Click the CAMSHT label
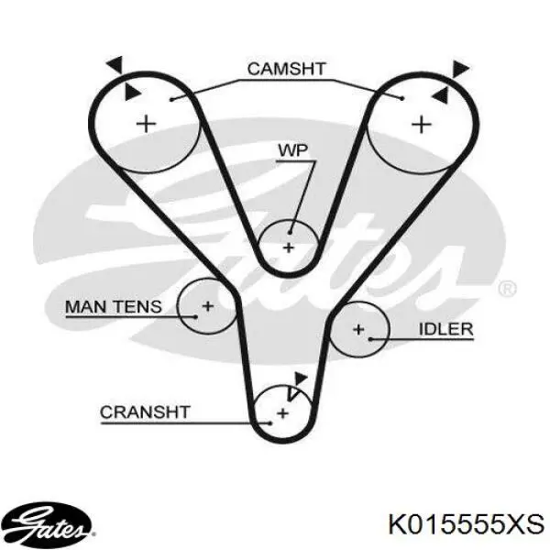[x=286, y=69]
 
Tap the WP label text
[x=293, y=150]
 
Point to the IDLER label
[x=445, y=329]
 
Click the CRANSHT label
[x=145, y=412]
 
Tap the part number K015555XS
[x=467, y=524]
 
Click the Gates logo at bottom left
[x=46, y=525]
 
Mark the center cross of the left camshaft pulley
[x=146, y=124]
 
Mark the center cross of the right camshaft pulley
[x=421, y=124]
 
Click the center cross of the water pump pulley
[x=289, y=247]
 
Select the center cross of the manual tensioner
[x=208, y=306]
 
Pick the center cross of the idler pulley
[x=358, y=329]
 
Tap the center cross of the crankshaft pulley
[x=282, y=413]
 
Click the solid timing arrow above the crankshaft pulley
[x=301, y=379]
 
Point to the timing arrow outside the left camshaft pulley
[x=115, y=64]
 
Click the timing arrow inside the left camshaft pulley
[x=132, y=93]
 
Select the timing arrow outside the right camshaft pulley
[x=459, y=69]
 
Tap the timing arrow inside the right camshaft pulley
[x=440, y=95]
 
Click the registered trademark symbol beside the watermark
[x=507, y=289]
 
